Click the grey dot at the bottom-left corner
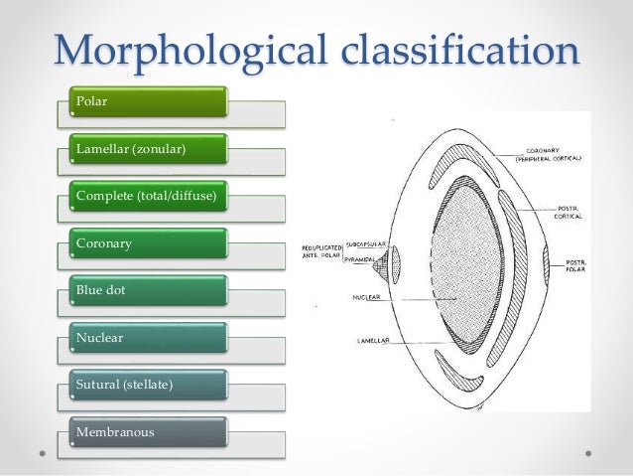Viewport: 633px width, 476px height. click(42, 454)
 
